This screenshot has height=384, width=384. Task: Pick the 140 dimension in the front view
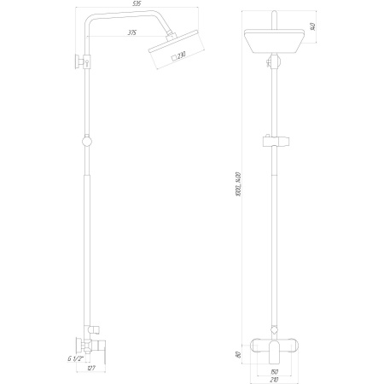pyautogui.click(x=313, y=26)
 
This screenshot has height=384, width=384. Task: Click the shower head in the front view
pyautogui.click(x=273, y=42)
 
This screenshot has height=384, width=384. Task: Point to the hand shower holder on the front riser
pyautogui.click(x=274, y=142)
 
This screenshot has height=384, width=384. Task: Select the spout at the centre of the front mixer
pyautogui.click(x=273, y=349)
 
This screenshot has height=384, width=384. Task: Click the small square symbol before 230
pyautogui.click(x=173, y=57)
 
